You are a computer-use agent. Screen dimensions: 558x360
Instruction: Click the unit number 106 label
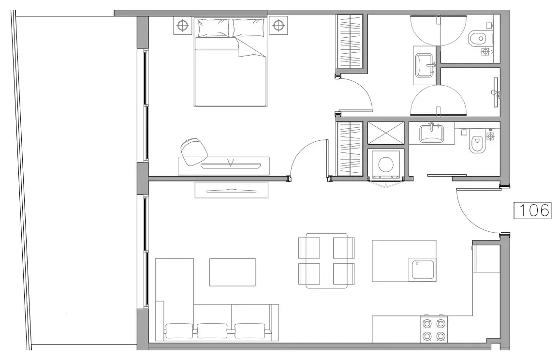click(533, 210)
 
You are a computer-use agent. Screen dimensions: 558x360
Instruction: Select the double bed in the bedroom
click(231, 62)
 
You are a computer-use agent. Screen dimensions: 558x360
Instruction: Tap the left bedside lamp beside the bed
click(182, 25)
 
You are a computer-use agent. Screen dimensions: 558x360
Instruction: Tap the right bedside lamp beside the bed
click(279, 25)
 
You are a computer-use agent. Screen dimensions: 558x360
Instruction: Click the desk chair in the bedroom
click(194, 151)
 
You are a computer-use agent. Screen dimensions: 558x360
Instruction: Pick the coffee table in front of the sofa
click(233, 272)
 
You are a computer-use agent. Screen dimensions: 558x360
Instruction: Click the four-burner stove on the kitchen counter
click(434, 329)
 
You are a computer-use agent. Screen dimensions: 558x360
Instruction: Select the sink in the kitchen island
click(423, 270)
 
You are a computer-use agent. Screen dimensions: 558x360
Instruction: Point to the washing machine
click(386, 164)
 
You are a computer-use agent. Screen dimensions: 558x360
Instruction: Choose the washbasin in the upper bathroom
click(425, 65)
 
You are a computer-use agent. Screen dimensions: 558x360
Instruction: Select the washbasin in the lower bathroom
click(431, 134)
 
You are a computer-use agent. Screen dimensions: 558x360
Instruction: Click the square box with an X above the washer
click(386, 133)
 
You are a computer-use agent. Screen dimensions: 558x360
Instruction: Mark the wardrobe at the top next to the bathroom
click(350, 42)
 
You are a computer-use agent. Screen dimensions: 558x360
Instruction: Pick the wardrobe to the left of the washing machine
click(350, 149)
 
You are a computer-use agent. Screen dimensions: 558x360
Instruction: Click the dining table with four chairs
click(327, 261)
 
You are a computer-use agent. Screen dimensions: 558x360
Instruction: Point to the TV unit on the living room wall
click(231, 190)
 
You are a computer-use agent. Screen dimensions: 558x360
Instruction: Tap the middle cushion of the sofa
click(212, 330)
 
